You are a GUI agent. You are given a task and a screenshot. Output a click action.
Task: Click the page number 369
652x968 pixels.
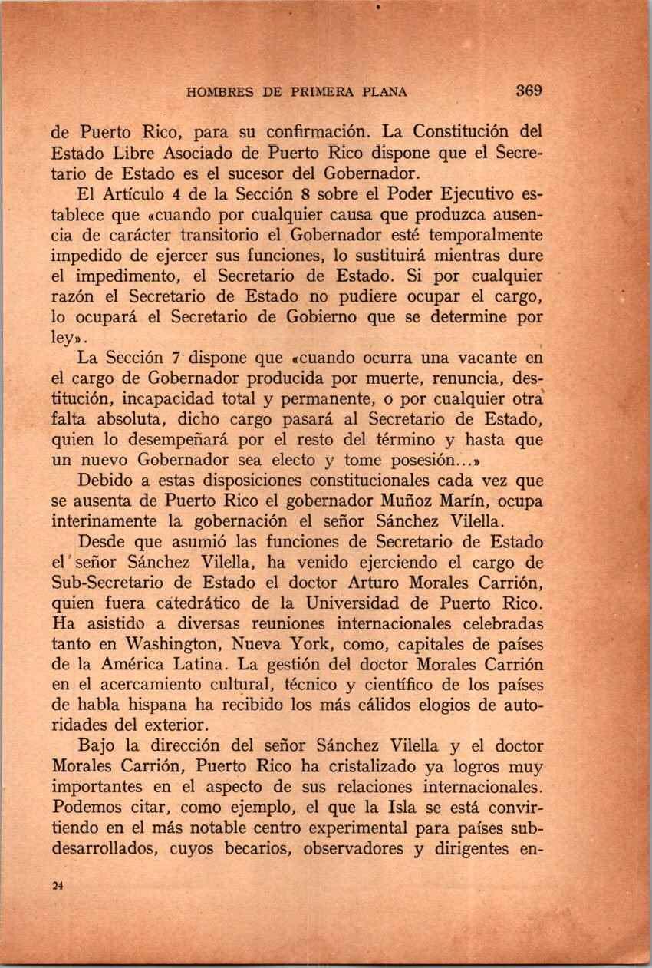point(529,90)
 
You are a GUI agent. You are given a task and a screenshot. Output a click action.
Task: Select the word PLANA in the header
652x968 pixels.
point(380,92)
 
